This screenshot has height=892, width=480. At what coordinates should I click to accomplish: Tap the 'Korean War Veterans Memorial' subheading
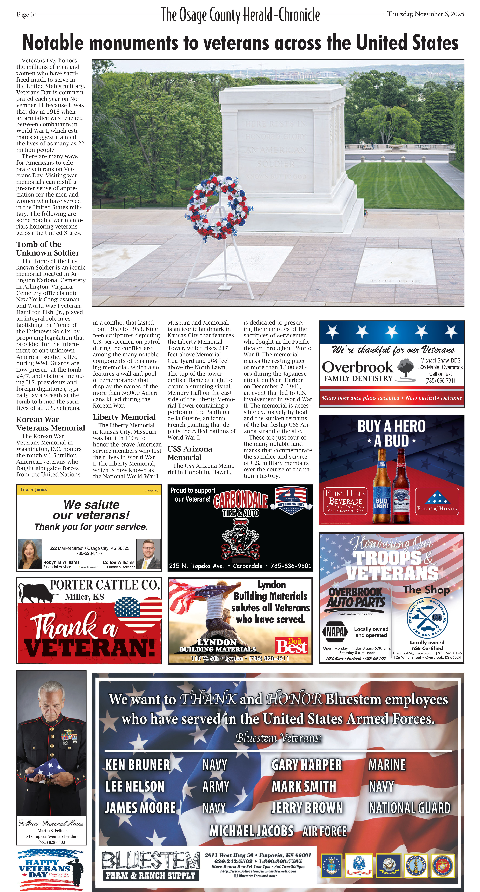coord(50,423)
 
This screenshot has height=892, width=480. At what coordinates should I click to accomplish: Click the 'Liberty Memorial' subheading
coord(124,417)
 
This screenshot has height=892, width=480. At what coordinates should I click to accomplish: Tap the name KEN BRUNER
coord(138,765)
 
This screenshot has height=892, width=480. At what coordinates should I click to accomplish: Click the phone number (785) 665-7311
coord(440,381)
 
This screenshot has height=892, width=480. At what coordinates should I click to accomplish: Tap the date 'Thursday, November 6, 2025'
coord(425,14)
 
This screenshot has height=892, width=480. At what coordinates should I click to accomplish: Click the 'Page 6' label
coord(25,15)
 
